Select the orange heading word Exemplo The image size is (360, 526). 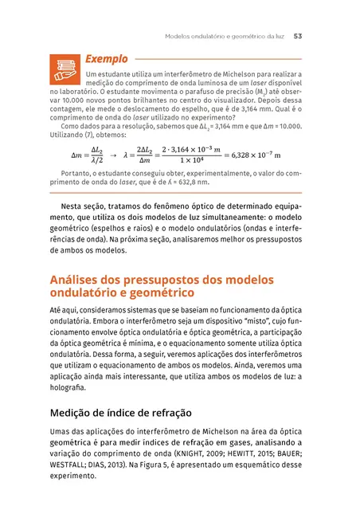pos(105,58)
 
